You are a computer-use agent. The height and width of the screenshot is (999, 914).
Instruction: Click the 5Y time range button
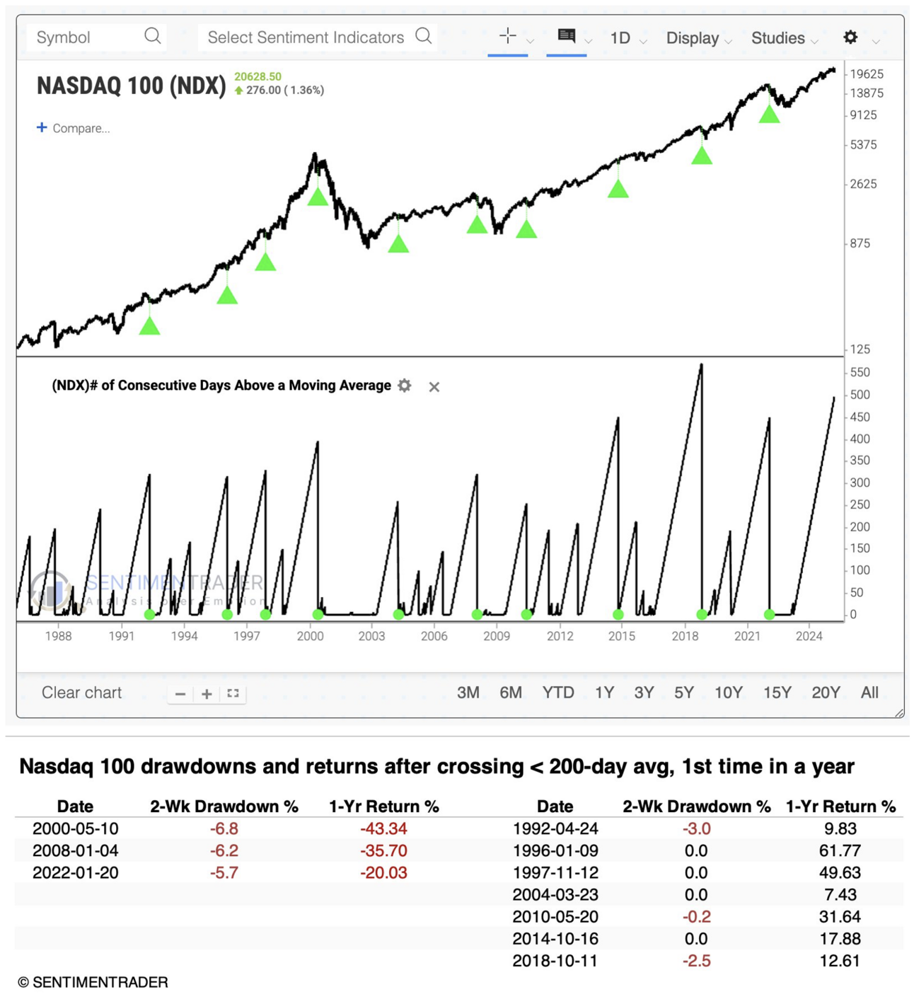click(683, 693)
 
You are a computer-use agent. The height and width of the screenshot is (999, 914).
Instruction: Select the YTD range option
click(558, 693)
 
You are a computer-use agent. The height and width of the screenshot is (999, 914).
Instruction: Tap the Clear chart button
click(81, 693)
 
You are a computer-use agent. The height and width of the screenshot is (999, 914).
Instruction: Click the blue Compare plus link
click(73, 128)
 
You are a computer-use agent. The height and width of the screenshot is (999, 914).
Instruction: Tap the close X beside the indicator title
click(434, 386)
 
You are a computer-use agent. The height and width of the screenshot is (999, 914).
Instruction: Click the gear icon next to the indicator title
click(405, 386)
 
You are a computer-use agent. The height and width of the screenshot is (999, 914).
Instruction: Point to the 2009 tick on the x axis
click(497, 635)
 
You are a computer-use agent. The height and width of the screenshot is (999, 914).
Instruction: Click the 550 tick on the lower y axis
click(860, 372)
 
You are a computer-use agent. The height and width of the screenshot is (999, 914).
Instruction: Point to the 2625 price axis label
click(863, 184)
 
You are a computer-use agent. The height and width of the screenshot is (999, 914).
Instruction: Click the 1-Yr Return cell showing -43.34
click(383, 828)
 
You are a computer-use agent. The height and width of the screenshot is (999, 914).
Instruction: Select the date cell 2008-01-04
click(75, 850)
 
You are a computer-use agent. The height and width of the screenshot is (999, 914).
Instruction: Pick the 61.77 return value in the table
click(840, 850)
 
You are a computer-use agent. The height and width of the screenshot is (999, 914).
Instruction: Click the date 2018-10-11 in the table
click(555, 961)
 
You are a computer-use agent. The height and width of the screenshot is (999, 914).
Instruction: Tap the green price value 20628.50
click(258, 76)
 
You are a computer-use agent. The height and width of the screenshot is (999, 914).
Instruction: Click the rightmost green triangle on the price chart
click(769, 114)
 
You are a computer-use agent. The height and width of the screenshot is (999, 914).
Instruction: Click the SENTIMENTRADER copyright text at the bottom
click(93, 982)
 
